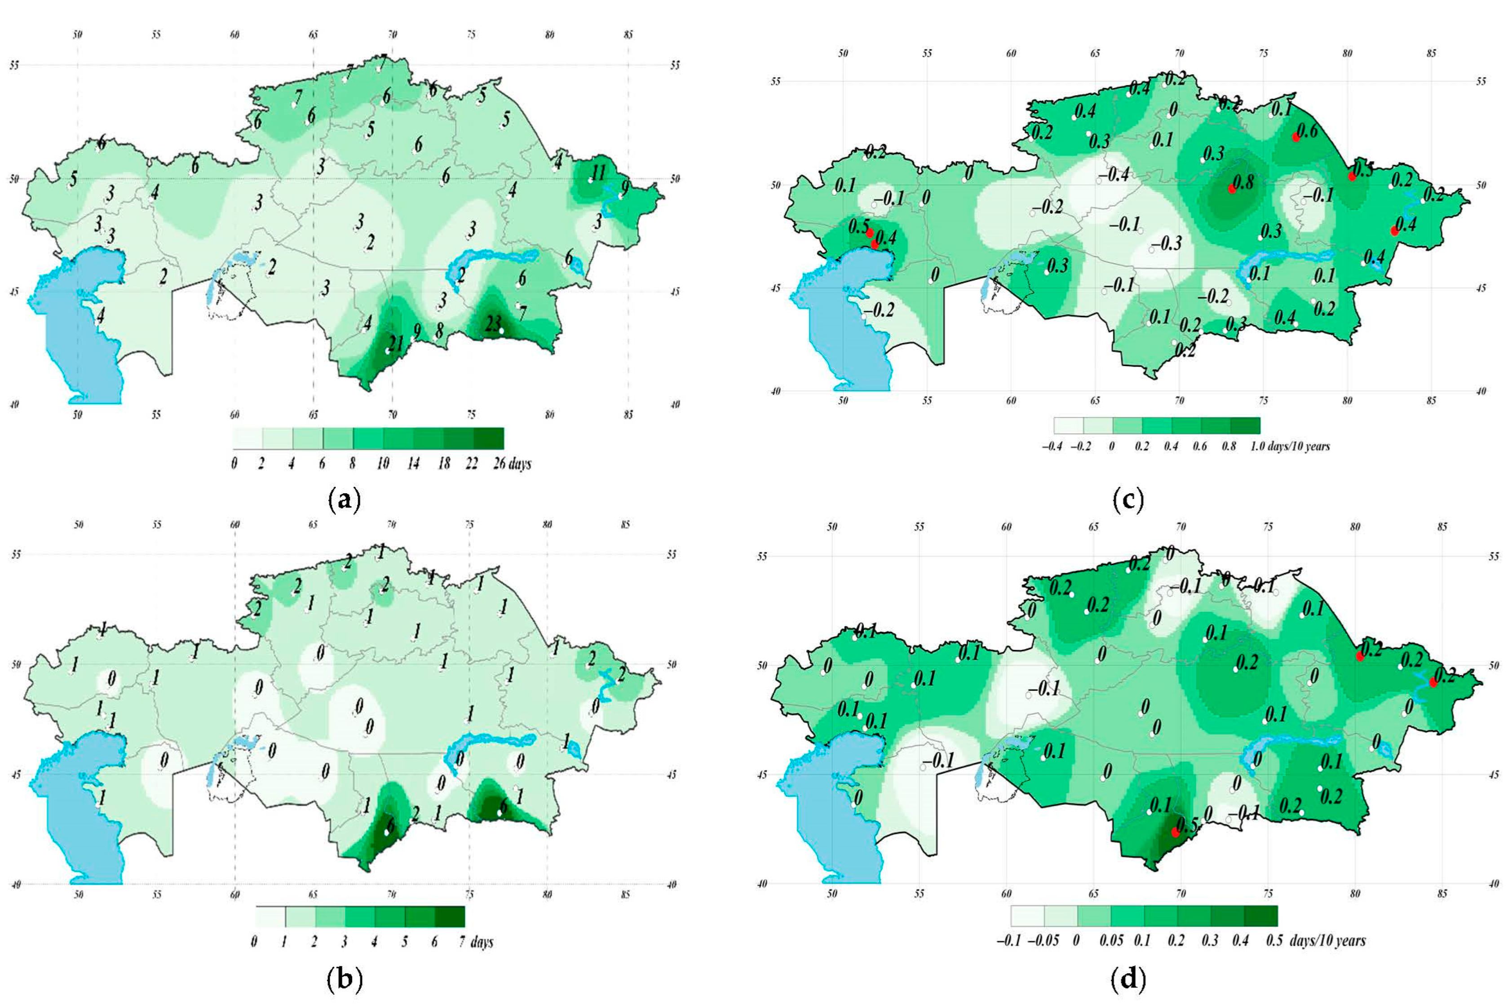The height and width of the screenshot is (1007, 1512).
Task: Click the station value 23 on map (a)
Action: point(493,326)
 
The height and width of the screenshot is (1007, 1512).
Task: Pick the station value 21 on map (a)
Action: point(396,344)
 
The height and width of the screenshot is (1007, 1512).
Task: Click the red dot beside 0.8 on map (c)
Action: point(1231,188)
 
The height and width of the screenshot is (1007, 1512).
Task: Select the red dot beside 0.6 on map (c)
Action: point(1295,136)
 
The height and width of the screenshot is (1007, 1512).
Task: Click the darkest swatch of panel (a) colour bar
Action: point(488,438)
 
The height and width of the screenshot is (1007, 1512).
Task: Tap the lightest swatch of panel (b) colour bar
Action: point(270,916)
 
